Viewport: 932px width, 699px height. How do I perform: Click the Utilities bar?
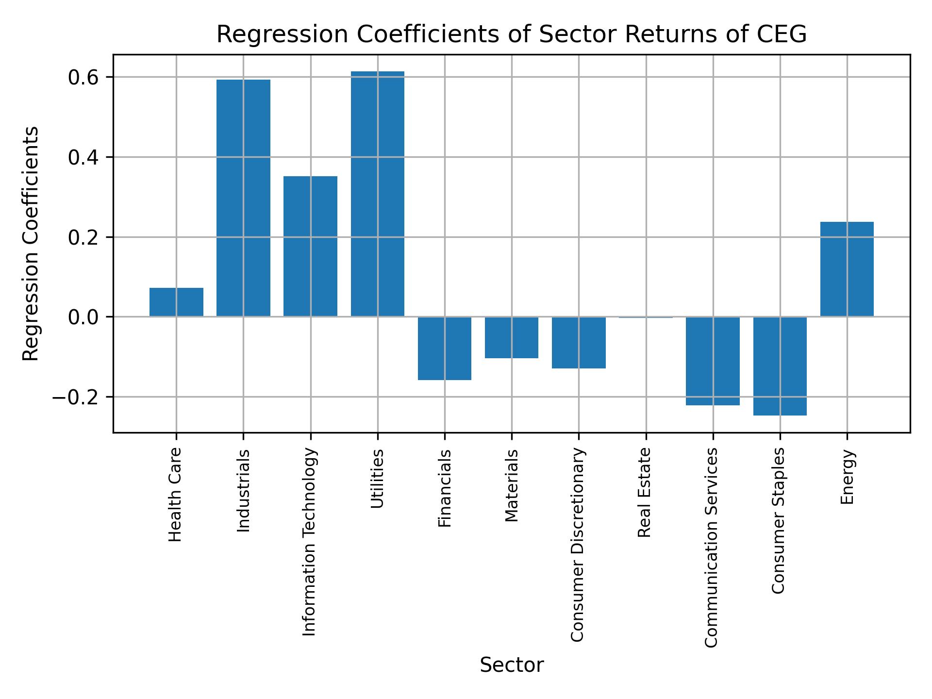[x=377, y=194]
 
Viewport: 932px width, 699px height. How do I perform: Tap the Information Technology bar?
[x=310, y=246]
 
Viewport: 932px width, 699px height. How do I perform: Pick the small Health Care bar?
[x=176, y=302]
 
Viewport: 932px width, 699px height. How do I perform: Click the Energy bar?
[x=847, y=269]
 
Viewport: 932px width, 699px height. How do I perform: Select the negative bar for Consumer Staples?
[x=780, y=366]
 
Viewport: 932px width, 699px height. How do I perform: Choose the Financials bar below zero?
[x=444, y=348]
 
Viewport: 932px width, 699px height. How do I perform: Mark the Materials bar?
[x=511, y=337]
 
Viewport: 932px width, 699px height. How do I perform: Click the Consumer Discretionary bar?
[x=579, y=343]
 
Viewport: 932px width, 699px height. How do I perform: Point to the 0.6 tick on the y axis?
[x=83, y=77]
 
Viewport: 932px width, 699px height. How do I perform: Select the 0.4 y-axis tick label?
[x=83, y=157]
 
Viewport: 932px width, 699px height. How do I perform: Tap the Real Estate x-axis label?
[x=644, y=492]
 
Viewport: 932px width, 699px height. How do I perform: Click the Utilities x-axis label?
[x=377, y=478]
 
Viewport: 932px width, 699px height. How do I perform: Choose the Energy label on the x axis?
[x=847, y=477]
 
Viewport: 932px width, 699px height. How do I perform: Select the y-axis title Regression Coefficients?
[x=31, y=244]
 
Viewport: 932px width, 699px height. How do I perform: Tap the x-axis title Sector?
[x=511, y=665]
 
